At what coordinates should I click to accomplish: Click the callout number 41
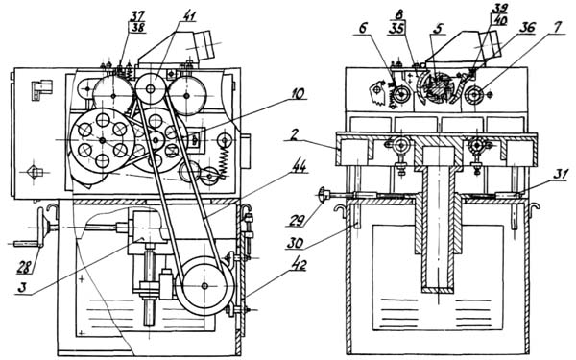tap(189, 15)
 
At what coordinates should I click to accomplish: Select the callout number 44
tap(299, 167)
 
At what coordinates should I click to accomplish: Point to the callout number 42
tap(299, 266)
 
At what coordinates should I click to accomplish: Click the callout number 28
tap(24, 269)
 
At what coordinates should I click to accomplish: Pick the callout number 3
tap(22, 288)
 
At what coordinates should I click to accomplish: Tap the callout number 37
tap(137, 15)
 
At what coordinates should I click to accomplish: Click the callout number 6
tap(363, 29)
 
